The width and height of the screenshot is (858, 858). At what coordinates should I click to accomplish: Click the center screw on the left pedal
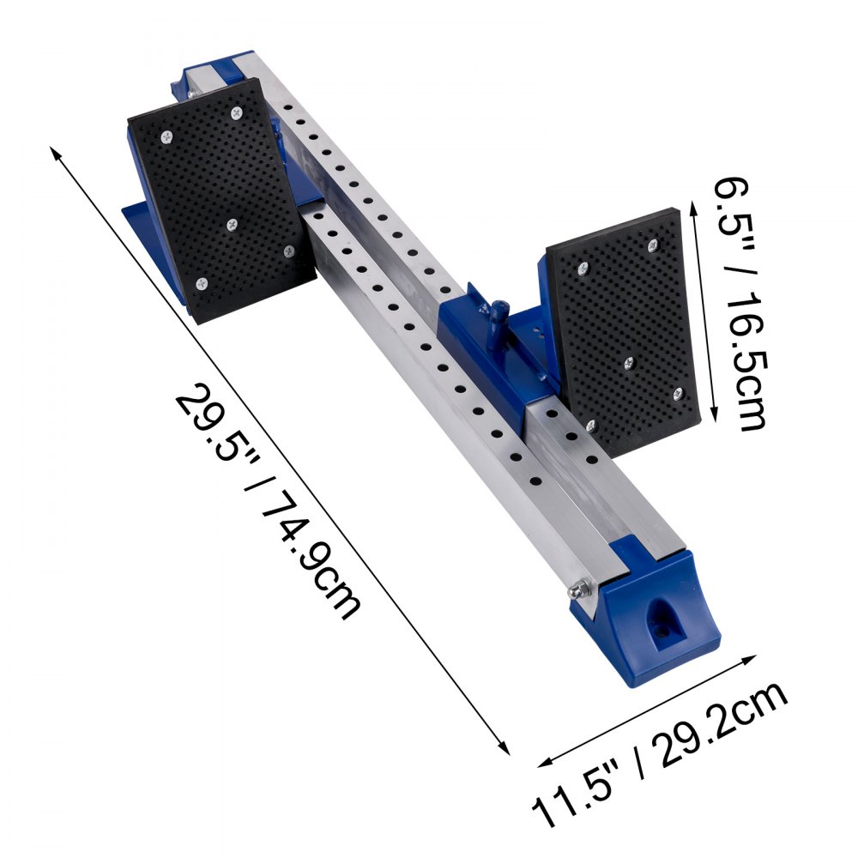click(x=231, y=224)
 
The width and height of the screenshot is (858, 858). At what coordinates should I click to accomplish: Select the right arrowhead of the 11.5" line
click(x=754, y=659)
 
